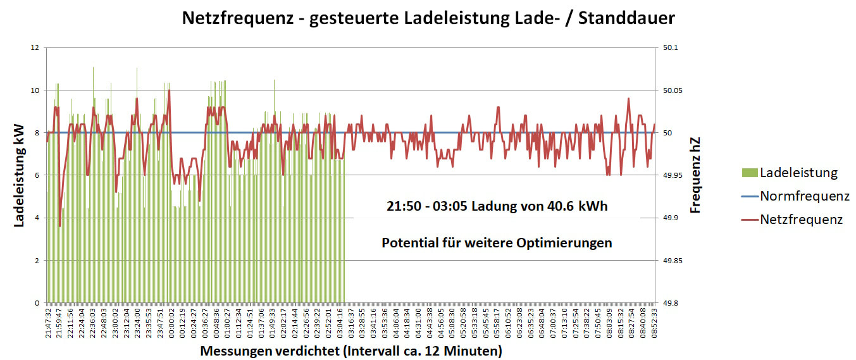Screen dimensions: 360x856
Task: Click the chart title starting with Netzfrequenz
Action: [428, 18]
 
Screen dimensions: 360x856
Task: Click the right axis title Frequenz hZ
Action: [696, 175]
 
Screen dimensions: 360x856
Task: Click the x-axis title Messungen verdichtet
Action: [351, 351]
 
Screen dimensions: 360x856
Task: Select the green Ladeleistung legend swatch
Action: [748, 173]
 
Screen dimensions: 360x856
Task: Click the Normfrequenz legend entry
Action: [804, 196]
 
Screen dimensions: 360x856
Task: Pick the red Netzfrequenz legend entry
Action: [801, 220]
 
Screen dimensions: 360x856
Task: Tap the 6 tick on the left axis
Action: [37, 175]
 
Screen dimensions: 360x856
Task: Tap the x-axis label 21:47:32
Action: [48, 323]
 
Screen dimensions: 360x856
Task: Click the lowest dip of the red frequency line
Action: [59, 226]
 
